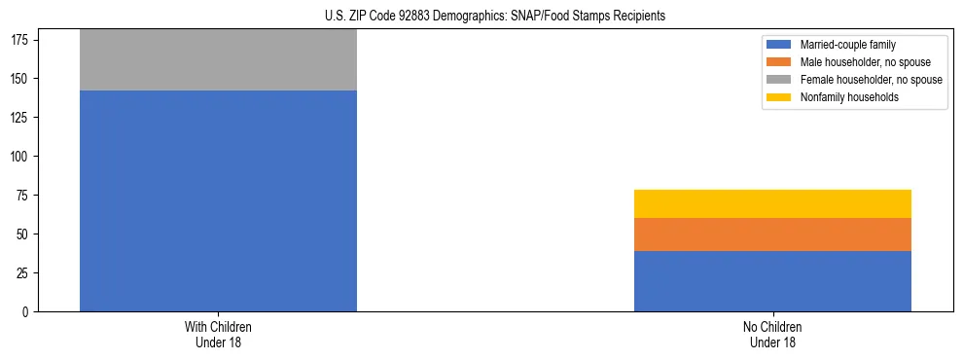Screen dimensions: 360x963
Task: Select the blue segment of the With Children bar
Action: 218,200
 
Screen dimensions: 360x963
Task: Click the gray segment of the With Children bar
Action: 218,60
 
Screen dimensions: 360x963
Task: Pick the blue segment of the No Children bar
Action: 772,281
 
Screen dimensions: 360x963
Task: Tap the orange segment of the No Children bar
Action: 772,234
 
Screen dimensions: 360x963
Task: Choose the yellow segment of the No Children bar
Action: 772,203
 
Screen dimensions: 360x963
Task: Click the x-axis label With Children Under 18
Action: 218,335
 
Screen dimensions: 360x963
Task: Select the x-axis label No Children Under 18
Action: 772,335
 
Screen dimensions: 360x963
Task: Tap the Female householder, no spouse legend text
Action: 871,80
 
